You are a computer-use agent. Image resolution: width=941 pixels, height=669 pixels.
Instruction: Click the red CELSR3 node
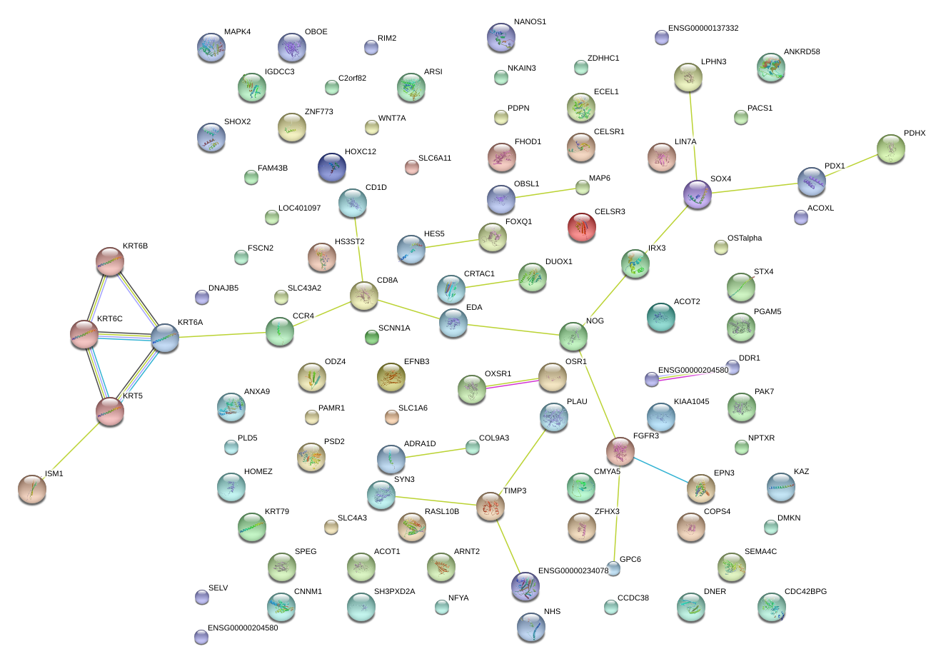coord(581,227)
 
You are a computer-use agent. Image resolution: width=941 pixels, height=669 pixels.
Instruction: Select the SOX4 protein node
coord(697,193)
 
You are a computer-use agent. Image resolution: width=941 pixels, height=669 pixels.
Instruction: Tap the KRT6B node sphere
coord(110,261)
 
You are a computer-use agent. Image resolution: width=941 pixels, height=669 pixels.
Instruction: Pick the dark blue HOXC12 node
coord(332,166)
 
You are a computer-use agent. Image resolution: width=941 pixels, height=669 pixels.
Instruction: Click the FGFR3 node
coord(620,451)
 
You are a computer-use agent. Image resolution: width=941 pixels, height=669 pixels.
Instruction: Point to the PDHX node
coord(890,149)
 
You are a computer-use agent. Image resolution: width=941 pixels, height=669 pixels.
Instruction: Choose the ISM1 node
coord(32,488)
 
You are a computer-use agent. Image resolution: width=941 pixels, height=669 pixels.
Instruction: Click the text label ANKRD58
coord(802,52)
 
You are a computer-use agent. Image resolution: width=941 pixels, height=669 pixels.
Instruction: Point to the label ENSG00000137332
coord(703,29)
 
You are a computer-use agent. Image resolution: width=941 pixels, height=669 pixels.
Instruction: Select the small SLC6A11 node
coord(411,167)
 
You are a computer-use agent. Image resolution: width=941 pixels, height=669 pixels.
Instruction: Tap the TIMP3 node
coord(490,505)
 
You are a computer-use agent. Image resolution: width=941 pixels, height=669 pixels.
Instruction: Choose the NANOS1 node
coord(500,37)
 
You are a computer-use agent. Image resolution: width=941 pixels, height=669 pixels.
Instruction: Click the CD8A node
coord(364,296)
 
